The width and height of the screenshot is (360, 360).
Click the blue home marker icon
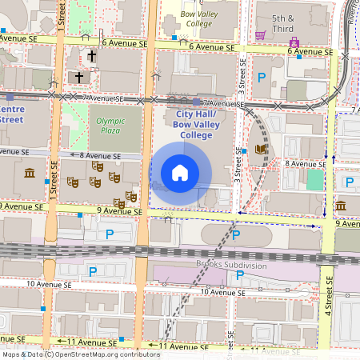coord(180,172)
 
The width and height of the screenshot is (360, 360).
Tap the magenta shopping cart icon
coord(261,35)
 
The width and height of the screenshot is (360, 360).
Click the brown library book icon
coord(260,150)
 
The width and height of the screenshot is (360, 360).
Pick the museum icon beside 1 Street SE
coord(30,174)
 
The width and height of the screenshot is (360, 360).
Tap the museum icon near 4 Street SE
coord(341,206)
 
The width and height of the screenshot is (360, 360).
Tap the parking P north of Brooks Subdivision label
coord(236,234)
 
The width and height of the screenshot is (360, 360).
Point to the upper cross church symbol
coord(92,57)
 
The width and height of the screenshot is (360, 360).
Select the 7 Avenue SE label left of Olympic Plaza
coord(105,99)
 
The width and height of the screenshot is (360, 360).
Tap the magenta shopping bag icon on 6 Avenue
coord(294,42)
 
